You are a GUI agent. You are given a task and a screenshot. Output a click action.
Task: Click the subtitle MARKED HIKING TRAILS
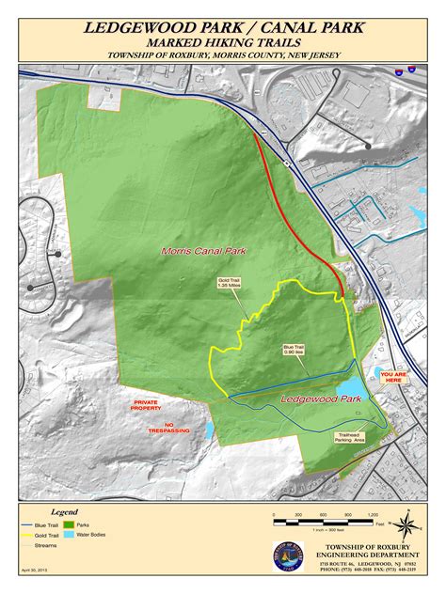223,42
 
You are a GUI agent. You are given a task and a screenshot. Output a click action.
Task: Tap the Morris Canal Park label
198,251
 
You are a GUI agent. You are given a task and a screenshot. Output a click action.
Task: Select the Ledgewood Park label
322,400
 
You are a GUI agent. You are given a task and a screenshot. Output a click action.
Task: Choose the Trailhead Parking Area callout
352,437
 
